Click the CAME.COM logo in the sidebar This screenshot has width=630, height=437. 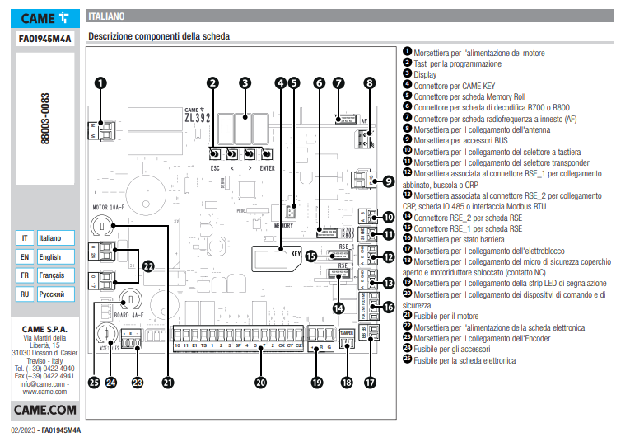click(x=45, y=410)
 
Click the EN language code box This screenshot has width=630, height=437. click(x=25, y=256)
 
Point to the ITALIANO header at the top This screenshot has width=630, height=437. click(x=107, y=16)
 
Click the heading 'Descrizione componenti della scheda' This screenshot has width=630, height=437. click(x=158, y=36)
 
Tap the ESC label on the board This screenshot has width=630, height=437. click(x=216, y=168)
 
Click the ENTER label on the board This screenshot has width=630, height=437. click(x=267, y=168)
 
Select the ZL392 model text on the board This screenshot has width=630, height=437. click(x=198, y=116)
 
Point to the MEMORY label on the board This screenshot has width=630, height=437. click(x=283, y=224)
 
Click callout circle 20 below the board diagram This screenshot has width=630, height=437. click(x=261, y=382)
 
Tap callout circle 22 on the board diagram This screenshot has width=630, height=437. click(x=148, y=265)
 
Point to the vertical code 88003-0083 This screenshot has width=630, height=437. click(x=46, y=120)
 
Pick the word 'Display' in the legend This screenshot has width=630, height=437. click(x=427, y=74)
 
